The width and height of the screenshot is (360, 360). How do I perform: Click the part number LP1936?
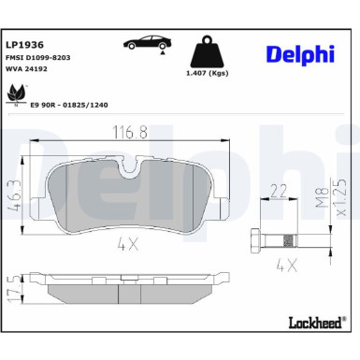(x=24, y=45)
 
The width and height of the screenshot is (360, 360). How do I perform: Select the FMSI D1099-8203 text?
(x=38, y=58)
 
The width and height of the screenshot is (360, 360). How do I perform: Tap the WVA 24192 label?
(x=26, y=69)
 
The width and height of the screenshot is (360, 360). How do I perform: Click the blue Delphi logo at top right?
(x=300, y=55)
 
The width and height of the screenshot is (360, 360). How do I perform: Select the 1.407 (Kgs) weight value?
(x=208, y=73)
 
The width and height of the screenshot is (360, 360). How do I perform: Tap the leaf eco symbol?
(x=16, y=94)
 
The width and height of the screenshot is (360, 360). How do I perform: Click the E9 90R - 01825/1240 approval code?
(x=69, y=105)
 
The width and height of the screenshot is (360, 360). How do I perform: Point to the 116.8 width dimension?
(x=130, y=132)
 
